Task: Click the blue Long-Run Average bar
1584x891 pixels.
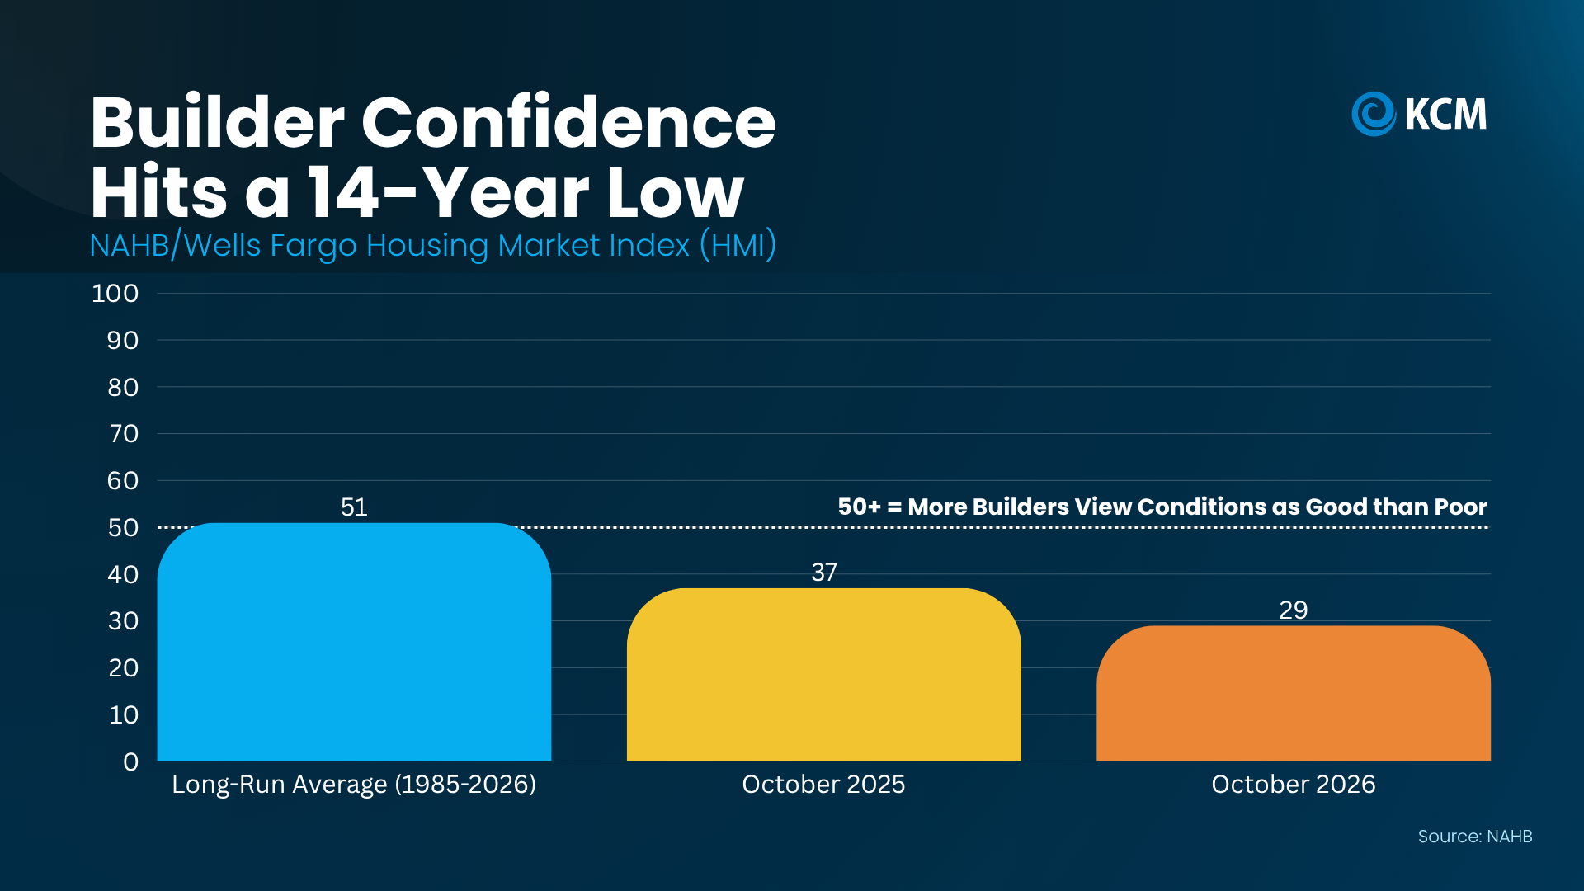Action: click(354, 642)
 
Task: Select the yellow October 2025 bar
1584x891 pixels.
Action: click(823, 674)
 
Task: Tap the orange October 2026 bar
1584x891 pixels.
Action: click(1294, 693)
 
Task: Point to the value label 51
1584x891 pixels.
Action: click(354, 507)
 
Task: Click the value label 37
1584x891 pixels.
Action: click(824, 572)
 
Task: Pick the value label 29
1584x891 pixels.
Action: click(1294, 610)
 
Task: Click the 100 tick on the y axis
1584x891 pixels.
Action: click(115, 293)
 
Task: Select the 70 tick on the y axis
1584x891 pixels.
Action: click(124, 433)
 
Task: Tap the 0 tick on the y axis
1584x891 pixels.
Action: click(131, 761)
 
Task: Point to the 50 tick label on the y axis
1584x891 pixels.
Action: click(124, 527)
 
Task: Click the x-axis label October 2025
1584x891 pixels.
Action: click(823, 784)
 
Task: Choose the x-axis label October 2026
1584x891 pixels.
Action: click(1294, 784)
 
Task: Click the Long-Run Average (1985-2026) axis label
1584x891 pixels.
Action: click(354, 784)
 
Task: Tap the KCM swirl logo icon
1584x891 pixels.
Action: click(1374, 114)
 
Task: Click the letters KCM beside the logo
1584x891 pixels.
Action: click(1446, 114)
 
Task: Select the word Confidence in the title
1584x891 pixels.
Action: click(568, 122)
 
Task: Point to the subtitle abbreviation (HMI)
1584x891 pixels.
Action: click(738, 245)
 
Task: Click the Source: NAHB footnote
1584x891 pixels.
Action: click(1475, 837)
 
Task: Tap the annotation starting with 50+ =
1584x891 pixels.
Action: click(1162, 507)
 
